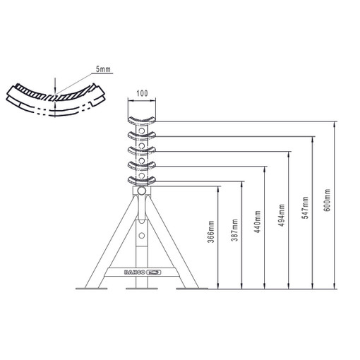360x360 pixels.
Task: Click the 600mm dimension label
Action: (x=328, y=200)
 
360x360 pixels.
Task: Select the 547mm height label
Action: (x=305, y=208)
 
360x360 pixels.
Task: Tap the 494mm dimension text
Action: (x=282, y=215)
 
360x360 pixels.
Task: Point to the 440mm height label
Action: (x=258, y=222)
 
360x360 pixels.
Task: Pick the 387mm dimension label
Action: (x=234, y=230)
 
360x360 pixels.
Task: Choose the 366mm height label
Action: (x=211, y=232)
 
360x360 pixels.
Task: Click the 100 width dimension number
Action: (x=142, y=93)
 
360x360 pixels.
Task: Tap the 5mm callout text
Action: (x=103, y=69)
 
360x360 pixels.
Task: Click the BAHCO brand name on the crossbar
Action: (x=134, y=272)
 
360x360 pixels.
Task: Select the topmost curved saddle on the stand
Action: (x=142, y=121)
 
